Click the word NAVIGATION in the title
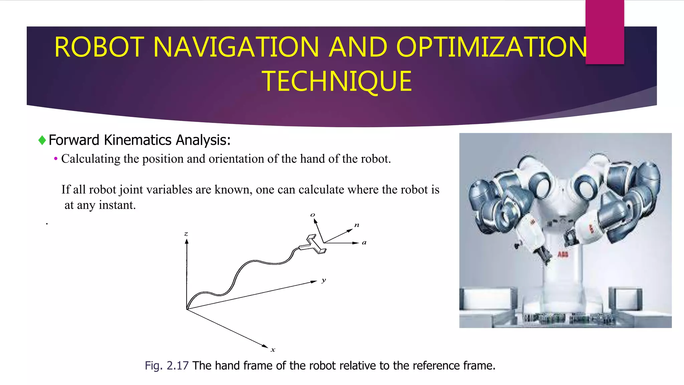click(236, 47)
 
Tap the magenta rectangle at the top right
click(605, 32)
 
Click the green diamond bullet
click(42, 140)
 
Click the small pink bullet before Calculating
click(56, 159)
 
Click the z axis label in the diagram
click(186, 234)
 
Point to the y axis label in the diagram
click(324, 280)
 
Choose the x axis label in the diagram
click(273, 350)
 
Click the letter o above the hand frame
click(313, 215)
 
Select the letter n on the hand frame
click(357, 225)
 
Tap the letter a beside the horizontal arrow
click(364, 243)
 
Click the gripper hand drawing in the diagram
click(313, 245)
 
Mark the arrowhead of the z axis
click(187, 242)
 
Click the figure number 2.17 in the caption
click(178, 366)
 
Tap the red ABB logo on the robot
click(563, 255)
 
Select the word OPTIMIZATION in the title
click(491, 47)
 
